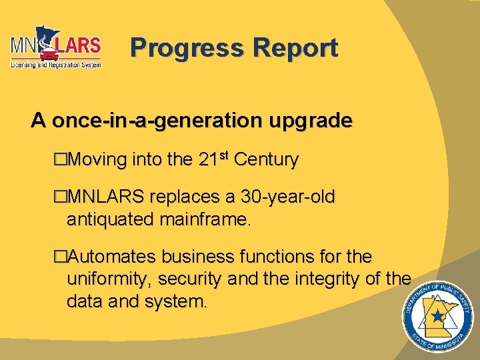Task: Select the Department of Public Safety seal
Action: pos(436,319)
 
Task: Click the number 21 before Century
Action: pos(208,160)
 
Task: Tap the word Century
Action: pos(267,160)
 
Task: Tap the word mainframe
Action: pos(204,217)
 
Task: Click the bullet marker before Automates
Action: pos(61,257)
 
